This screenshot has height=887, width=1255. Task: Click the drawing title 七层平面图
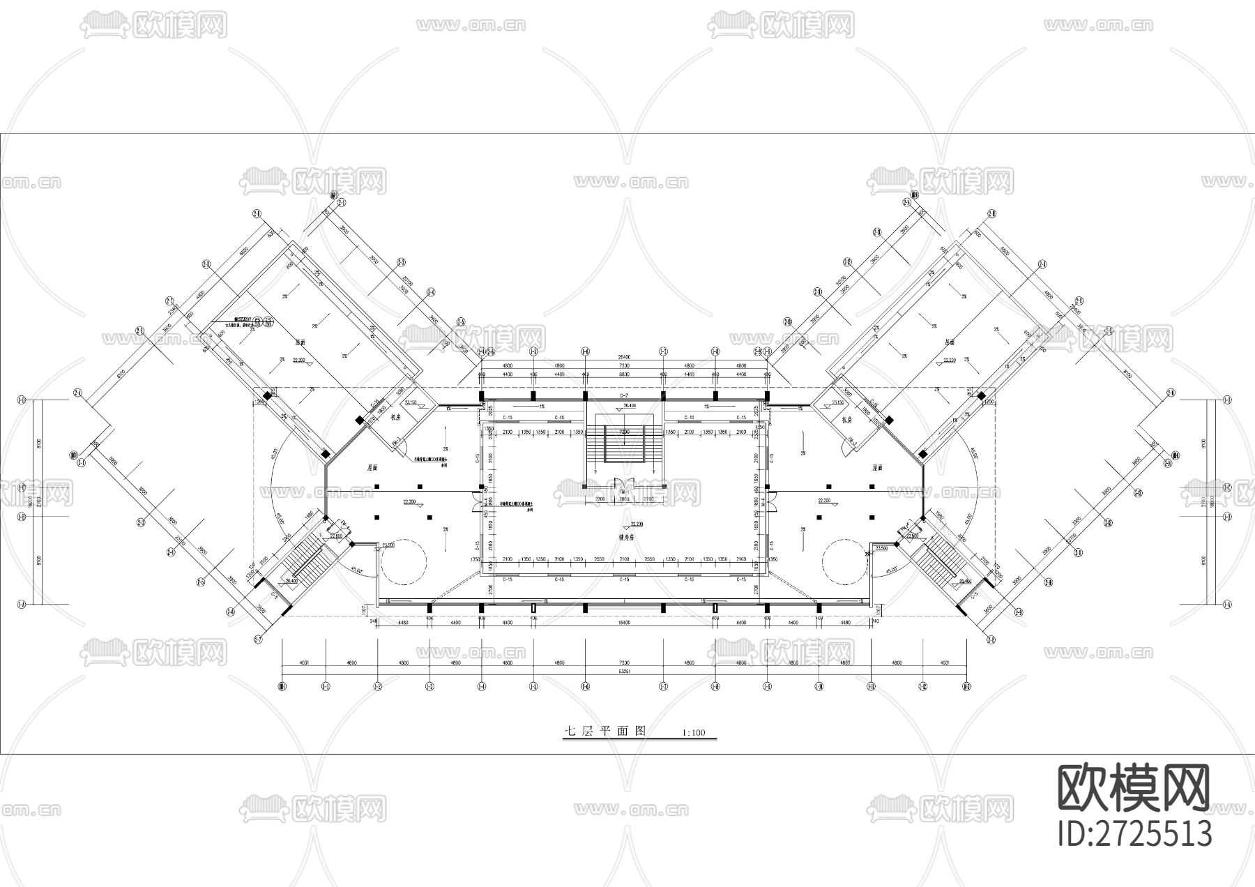click(605, 731)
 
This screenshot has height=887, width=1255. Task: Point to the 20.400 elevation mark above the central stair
click(629, 405)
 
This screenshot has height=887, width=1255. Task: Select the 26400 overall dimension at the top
click(624, 358)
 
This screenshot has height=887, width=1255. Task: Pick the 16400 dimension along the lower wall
click(624, 623)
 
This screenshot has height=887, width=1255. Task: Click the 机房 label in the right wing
click(848, 420)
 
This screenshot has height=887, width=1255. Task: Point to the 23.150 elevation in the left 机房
click(410, 402)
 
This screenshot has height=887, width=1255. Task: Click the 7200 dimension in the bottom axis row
click(624, 662)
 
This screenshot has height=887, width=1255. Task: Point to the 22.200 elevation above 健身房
click(637, 524)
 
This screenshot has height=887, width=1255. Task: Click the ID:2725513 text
click(1134, 833)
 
